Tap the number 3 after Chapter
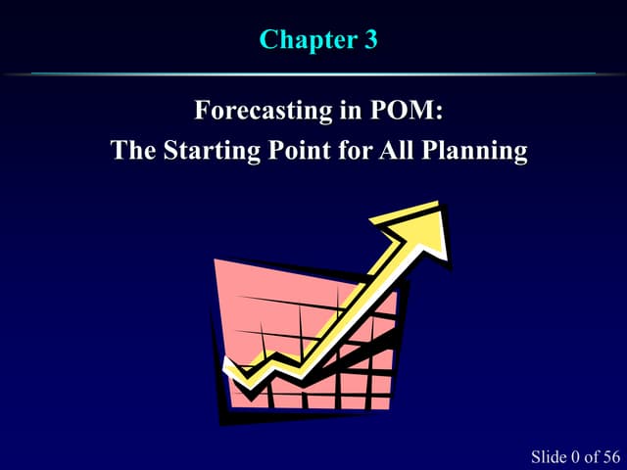click(368, 40)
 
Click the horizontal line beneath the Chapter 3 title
click(313, 73)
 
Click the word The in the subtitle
click(132, 152)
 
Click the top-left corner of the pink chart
click(216, 259)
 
